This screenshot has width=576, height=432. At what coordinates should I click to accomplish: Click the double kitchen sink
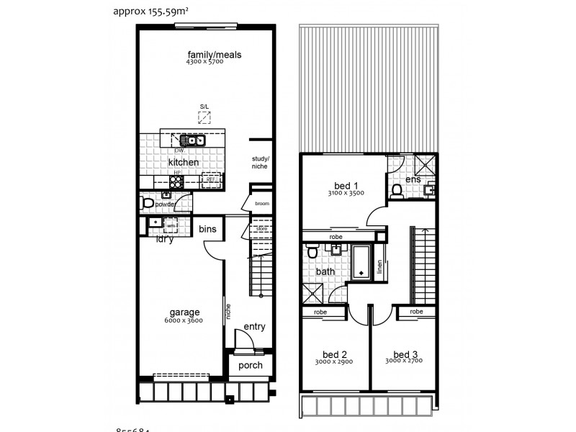coord(192,140)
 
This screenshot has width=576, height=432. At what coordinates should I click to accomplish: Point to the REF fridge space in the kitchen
coord(211,181)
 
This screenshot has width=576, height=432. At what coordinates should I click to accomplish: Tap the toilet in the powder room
coord(149,204)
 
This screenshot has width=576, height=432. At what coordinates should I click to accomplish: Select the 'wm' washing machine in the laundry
coord(171,225)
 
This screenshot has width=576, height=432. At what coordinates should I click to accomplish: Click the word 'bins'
coord(207,229)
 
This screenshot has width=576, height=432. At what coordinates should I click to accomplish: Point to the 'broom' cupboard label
coord(261,204)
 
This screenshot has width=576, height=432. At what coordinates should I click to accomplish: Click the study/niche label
coord(260,162)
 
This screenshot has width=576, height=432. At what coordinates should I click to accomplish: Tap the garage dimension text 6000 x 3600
coord(184,320)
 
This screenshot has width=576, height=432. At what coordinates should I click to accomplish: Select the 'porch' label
coord(250,365)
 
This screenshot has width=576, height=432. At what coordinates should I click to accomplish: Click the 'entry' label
coord(254,326)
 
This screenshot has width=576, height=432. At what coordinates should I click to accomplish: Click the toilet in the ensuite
coord(396,191)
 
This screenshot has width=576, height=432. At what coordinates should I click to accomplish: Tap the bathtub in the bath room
coord(360,262)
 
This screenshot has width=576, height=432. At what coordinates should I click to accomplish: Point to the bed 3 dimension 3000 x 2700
coord(405,362)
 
